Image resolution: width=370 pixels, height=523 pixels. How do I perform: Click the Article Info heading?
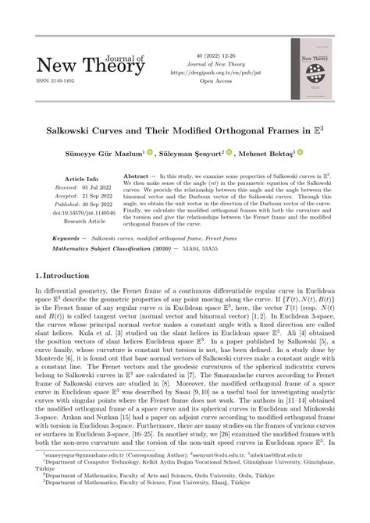[x=80, y=179]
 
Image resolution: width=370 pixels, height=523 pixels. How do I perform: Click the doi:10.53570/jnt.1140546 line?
[x=80, y=213]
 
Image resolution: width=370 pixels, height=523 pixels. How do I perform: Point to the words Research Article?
[x=80, y=222]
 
